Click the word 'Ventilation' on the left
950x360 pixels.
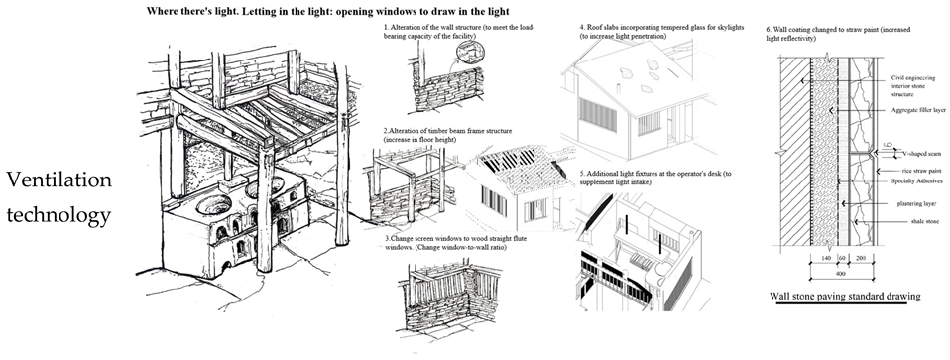[x=59, y=180]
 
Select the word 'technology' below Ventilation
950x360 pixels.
[x=59, y=215]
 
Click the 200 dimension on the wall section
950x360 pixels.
[x=862, y=258]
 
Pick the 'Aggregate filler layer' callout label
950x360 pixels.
[x=919, y=110]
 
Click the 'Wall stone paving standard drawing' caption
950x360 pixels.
[x=845, y=296]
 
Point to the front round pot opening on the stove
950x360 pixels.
[x=212, y=206]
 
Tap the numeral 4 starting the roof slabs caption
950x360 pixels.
[x=581, y=28]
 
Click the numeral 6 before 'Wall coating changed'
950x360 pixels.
[x=769, y=29]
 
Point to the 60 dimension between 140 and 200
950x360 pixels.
[x=842, y=258]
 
